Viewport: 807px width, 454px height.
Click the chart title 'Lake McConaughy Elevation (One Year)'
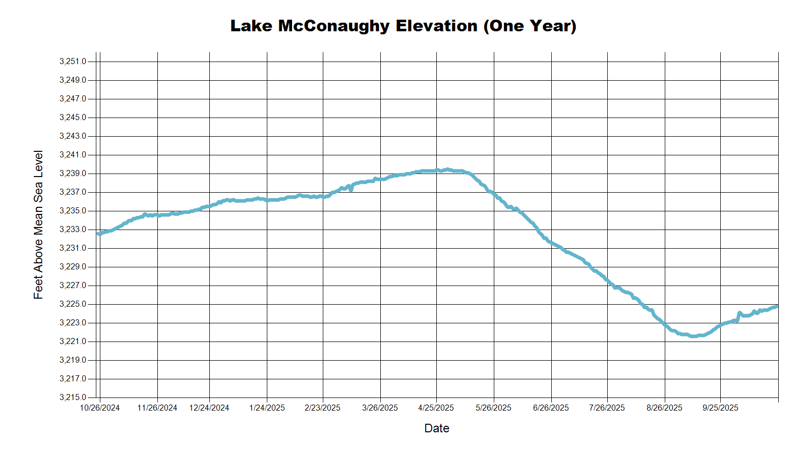click(x=403, y=26)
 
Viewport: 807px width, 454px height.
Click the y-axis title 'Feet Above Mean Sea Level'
click(x=38, y=224)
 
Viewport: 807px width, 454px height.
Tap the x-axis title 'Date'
click(x=436, y=428)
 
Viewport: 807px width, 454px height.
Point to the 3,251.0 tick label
click(x=73, y=62)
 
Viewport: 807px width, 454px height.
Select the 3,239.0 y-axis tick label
click(x=73, y=174)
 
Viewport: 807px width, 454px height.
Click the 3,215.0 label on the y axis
click(x=73, y=398)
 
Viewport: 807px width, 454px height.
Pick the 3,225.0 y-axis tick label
click(x=73, y=304)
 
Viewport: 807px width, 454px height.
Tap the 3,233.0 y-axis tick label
click(x=73, y=230)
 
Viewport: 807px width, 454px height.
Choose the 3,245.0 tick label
click(x=73, y=118)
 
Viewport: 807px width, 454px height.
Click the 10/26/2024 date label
click(x=100, y=408)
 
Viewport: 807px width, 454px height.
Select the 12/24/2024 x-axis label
click(x=209, y=408)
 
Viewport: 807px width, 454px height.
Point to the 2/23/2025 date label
click(x=322, y=408)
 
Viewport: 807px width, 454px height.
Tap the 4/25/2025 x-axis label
click(x=436, y=408)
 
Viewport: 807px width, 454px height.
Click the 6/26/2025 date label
click(x=551, y=408)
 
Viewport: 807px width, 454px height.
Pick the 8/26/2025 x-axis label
click(x=664, y=408)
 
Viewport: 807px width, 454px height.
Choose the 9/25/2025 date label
click(x=720, y=408)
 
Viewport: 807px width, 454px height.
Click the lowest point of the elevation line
click(x=694, y=336)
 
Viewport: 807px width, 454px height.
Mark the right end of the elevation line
click(x=777, y=306)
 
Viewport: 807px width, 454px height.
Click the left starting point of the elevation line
click(x=99, y=234)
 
